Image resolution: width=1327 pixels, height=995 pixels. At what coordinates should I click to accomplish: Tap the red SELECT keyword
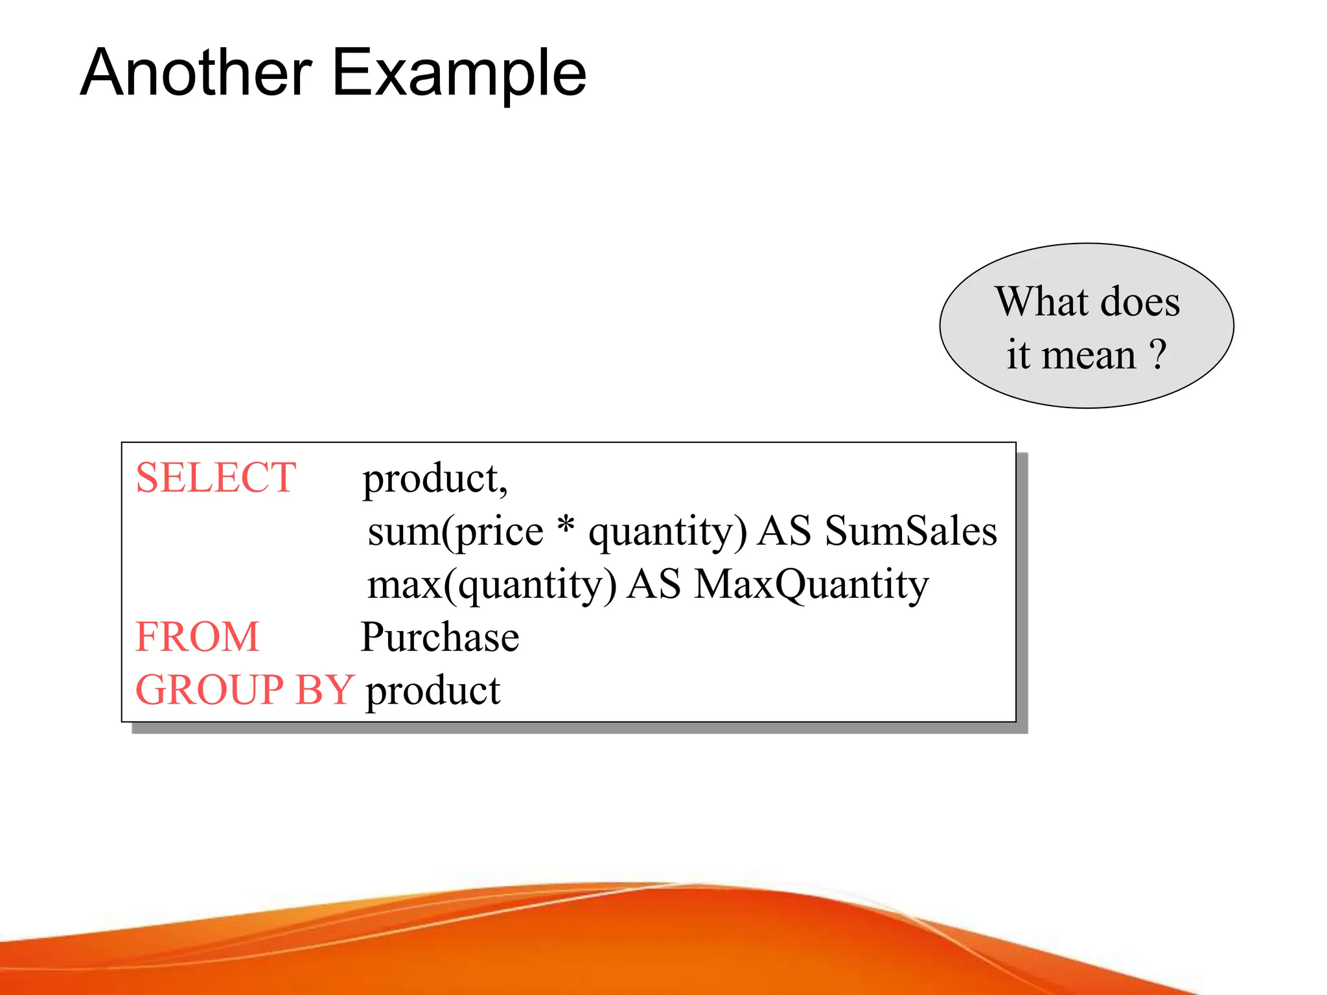(x=216, y=478)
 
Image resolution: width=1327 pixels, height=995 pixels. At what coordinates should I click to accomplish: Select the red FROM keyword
(x=198, y=637)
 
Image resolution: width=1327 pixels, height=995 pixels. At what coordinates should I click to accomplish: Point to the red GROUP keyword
(x=209, y=689)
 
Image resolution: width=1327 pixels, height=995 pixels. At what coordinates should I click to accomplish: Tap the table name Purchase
(x=440, y=637)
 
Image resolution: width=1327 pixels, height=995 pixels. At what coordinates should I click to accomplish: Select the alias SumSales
(x=910, y=531)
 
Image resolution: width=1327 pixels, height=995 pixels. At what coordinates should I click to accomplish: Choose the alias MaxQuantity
(x=811, y=585)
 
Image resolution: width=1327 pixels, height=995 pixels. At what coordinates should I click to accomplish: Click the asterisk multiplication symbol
(x=566, y=526)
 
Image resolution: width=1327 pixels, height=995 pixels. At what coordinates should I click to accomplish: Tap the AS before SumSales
(x=784, y=531)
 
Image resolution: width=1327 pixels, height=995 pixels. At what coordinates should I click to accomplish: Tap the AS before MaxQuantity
(x=654, y=584)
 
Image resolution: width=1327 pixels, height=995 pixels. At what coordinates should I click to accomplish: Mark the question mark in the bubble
(x=1158, y=355)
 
